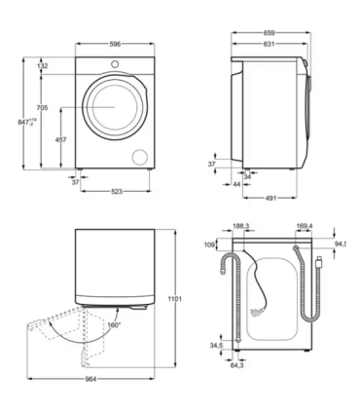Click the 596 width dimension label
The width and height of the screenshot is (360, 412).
point(115,44)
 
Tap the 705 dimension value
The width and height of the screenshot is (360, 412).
point(42,107)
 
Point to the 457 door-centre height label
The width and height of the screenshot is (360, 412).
point(60,139)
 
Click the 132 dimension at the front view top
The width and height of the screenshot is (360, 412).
point(42,66)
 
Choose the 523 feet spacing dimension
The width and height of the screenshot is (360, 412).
point(117,192)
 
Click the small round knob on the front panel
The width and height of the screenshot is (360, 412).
point(115,64)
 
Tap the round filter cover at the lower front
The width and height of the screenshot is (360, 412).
point(140,157)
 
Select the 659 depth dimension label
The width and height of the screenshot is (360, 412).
point(269,32)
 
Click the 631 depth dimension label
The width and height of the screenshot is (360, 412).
point(269,44)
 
